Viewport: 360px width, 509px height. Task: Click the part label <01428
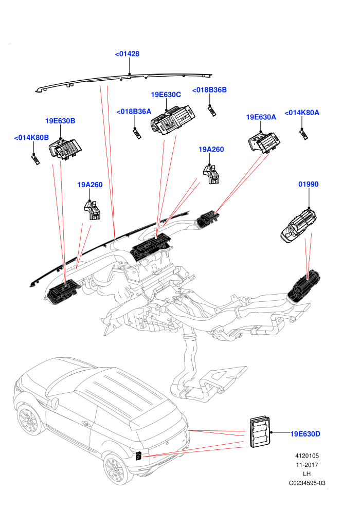point(127,54)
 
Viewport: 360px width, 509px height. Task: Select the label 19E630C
point(166,95)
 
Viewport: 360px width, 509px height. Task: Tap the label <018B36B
point(209,90)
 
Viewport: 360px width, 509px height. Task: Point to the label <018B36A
point(134,112)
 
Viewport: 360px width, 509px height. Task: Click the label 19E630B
point(60,121)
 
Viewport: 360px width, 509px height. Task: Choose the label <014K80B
point(31,138)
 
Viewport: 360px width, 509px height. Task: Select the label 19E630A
point(261,117)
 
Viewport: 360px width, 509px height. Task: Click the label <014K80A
point(302,113)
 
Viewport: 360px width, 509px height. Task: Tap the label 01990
point(309,185)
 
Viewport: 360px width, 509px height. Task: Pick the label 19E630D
point(305,434)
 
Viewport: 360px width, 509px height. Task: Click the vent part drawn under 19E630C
point(173,119)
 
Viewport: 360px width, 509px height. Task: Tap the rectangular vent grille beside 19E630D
point(260,432)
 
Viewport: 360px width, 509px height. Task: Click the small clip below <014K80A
point(303,134)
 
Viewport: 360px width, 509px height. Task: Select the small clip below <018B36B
point(212,111)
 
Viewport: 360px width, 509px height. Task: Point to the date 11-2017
point(307,465)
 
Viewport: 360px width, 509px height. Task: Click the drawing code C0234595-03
point(307,483)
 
